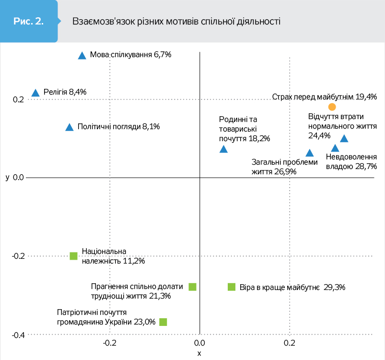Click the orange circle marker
point(332,107)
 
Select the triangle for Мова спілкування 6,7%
point(82,56)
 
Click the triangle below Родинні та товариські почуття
point(223,149)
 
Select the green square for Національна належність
point(73,256)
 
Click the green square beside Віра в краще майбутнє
point(232,287)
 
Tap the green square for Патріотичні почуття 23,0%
point(163,322)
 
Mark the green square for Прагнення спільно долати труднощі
point(192,287)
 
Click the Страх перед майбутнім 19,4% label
point(324,96)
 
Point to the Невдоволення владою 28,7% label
point(351,162)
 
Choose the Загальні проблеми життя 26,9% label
point(284,167)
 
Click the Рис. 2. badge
point(29,22)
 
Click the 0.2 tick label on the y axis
point(18,99)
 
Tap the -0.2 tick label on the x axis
point(110,343)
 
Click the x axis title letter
point(199,354)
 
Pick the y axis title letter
point(8,178)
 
